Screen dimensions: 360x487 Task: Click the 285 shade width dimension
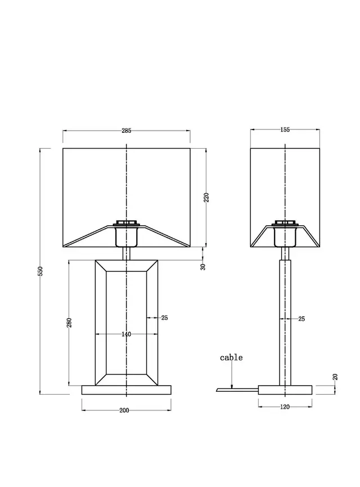point(127,131)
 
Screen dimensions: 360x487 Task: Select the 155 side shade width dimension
point(285,129)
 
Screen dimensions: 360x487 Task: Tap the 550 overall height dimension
point(40,271)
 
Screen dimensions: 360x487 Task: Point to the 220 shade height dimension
point(206,197)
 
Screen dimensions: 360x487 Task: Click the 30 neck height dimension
point(203,267)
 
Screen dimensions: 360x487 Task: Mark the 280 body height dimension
point(69,323)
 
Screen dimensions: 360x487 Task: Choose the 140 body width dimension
point(127,334)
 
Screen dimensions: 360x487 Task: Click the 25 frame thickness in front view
point(164,318)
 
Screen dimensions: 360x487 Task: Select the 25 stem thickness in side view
point(301,319)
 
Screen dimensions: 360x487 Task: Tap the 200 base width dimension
point(124,410)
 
